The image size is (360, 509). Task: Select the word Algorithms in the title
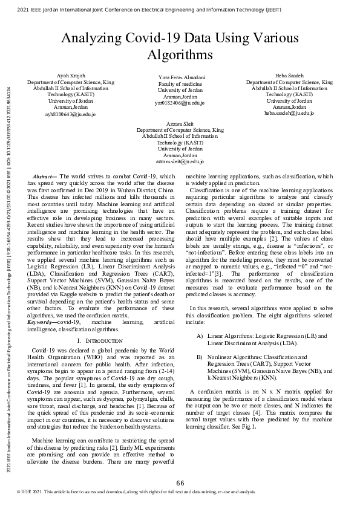click(x=180, y=55)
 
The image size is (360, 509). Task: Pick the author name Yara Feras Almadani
click(x=180, y=78)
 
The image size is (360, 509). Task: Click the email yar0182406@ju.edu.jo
click(x=180, y=103)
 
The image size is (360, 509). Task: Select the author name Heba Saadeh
click(x=289, y=76)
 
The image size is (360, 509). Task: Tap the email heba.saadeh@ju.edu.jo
click(x=289, y=113)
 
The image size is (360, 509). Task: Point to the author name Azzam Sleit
click(x=180, y=124)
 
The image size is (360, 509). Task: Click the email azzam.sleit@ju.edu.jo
click(x=180, y=161)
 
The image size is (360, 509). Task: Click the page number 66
click(x=180, y=482)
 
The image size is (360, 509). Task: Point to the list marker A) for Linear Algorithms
click(x=200, y=336)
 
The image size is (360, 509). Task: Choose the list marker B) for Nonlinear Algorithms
click(x=200, y=357)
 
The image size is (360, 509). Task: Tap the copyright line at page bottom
click(x=136, y=492)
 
